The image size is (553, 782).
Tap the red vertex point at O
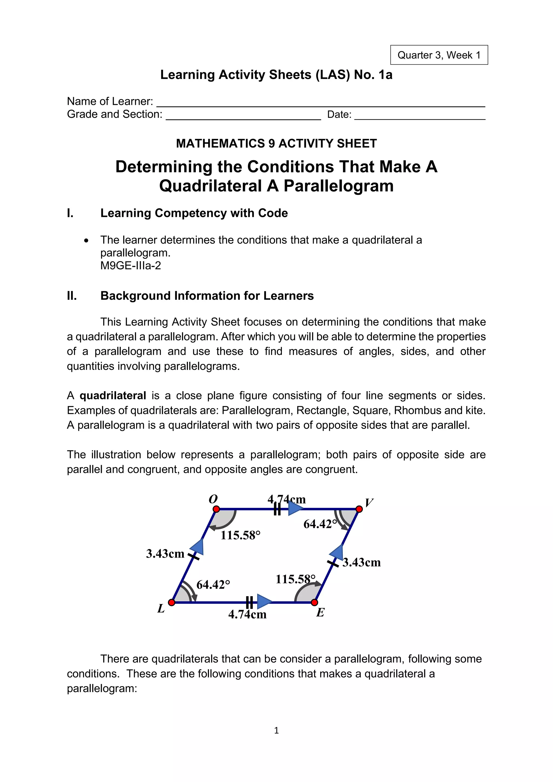click(x=216, y=509)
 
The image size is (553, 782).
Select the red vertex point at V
click(x=359, y=509)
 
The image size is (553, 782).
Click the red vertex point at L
click(x=172, y=603)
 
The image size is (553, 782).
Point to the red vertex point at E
click(x=315, y=603)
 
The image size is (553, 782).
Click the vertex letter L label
click(x=161, y=608)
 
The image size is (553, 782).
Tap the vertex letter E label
click(x=320, y=613)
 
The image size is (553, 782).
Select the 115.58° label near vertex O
click(x=240, y=535)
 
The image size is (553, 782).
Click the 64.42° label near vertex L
click(x=213, y=585)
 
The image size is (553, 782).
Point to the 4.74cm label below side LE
click(x=247, y=615)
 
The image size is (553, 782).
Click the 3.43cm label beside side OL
click(x=165, y=554)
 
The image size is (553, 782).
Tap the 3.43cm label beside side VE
click(x=362, y=562)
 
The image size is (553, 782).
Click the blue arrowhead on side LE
click(x=264, y=602)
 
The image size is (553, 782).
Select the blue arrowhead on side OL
click(x=197, y=547)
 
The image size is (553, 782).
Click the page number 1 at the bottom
click(x=276, y=730)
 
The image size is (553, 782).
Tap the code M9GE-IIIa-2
click(x=130, y=266)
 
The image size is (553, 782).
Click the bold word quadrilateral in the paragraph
click(x=113, y=395)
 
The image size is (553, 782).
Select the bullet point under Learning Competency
click(x=86, y=241)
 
